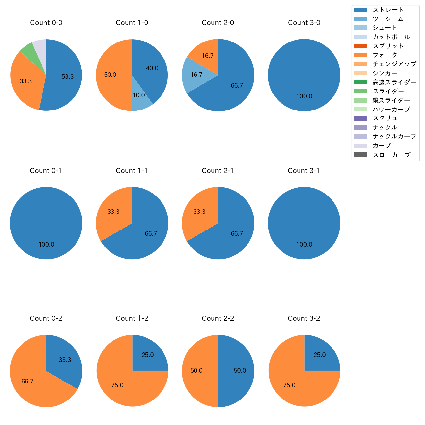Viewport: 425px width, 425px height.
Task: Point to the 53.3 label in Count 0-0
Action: (x=68, y=77)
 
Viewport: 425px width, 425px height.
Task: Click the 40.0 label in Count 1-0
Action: (x=152, y=68)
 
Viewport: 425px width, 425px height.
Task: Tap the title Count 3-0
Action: (x=304, y=23)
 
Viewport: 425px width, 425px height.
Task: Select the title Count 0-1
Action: (x=46, y=171)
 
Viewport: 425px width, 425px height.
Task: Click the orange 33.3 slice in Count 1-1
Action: (x=113, y=212)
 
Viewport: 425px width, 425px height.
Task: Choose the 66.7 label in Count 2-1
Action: (x=237, y=234)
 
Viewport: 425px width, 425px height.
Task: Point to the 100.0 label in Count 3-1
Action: (x=304, y=245)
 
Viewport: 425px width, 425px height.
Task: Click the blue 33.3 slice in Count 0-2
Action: (x=65, y=360)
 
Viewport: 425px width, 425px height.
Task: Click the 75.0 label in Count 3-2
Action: (x=289, y=385)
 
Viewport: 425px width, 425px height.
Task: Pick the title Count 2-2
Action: (x=218, y=318)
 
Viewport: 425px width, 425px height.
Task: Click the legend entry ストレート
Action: (x=388, y=10)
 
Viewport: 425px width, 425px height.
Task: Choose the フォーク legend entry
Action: (x=385, y=55)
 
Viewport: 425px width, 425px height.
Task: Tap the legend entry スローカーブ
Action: (x=391, y=155)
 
